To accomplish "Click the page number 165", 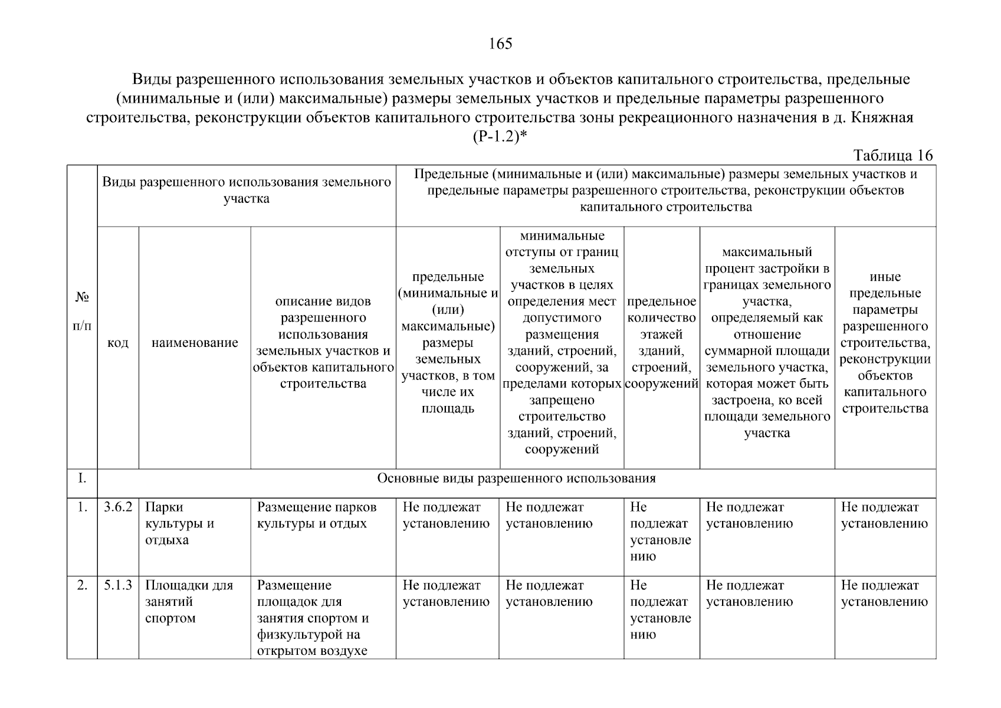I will (500, 44).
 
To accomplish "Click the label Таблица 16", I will (893, 155).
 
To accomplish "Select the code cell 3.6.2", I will (118, 507).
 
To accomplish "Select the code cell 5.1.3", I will (118, 586).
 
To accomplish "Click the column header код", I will (118, 343).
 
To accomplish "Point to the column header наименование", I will (195, 343).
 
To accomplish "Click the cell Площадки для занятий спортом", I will (189, 602).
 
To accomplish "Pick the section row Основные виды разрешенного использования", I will (516, 478).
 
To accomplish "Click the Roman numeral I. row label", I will (82, 478).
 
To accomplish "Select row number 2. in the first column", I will (82, 586).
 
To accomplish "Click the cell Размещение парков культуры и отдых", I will (317, 515).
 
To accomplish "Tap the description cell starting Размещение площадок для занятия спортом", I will (313, 618).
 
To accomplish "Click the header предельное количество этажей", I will (661, 343).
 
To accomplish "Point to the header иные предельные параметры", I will (885, 343).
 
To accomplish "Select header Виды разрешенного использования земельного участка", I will (247, 190).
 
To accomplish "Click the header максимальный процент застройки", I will (767, 343).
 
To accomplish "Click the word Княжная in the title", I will (882, 117).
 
